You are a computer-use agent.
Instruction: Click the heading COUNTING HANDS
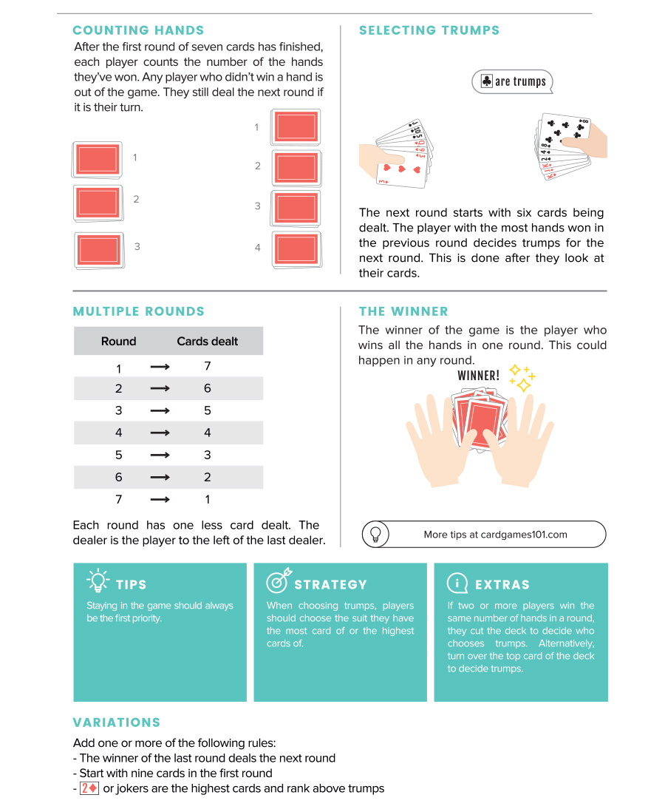point(138,30)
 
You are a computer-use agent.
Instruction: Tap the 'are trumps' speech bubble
point(512,81)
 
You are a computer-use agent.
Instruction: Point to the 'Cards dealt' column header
point(207,341)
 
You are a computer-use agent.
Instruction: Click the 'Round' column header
point(118,341)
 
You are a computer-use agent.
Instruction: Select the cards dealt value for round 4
point(207,433)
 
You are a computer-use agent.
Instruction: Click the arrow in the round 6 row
point(160,477)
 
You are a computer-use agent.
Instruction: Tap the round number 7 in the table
point(118,500)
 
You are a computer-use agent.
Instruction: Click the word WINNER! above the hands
point(478,376)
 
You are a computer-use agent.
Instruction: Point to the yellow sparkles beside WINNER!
point(522,377)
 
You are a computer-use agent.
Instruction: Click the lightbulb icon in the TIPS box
point(98,581)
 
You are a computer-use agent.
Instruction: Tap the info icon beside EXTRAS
point(457,583)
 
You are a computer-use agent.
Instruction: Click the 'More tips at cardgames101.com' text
point(495,535)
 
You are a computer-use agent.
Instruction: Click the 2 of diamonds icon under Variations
point(89,788)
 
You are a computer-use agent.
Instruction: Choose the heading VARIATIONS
point(116,722)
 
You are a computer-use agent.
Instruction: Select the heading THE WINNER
point(403,311)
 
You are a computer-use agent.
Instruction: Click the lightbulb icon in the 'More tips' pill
point(375,534)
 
